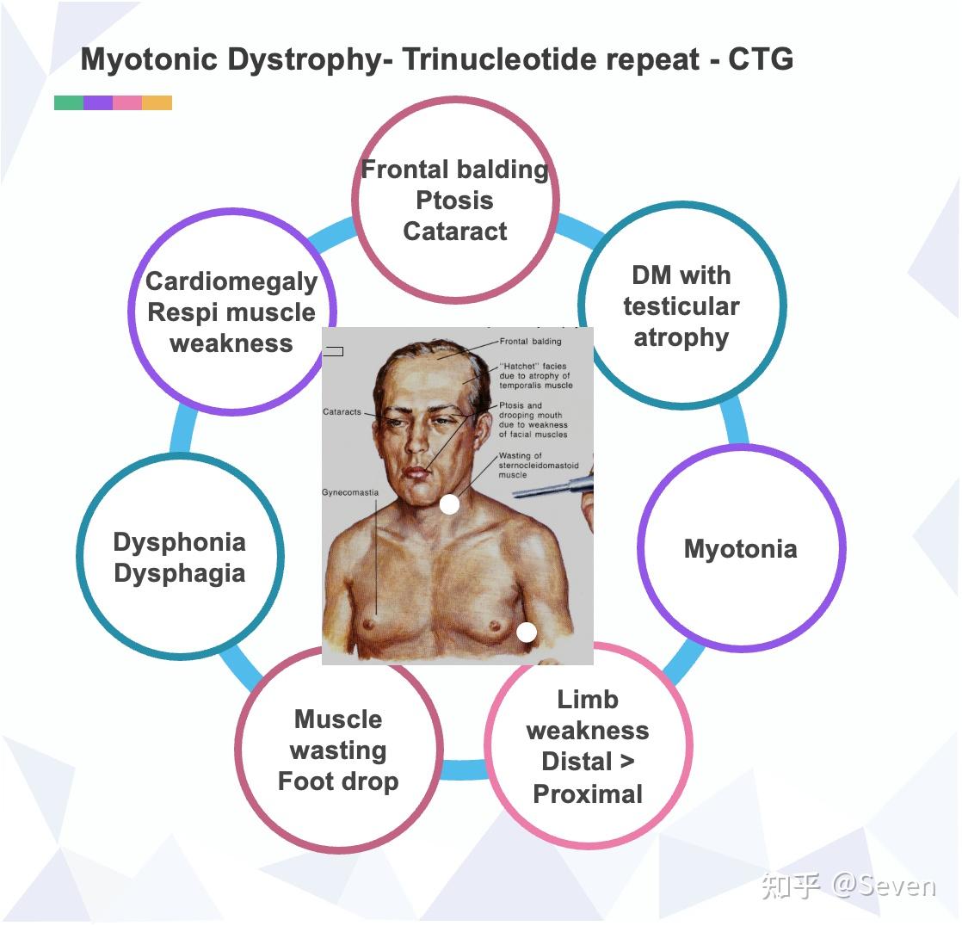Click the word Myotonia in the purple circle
[x=740, y=549]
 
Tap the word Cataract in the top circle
[x=455, y=231]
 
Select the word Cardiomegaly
[x=231, y=281]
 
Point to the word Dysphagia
[x=180, y=573]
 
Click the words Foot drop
[x=338, y=781]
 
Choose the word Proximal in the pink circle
[x=588, y=793]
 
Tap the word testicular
[x=681, y=306]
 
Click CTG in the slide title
[x=761, y=59]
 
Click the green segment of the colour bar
[x=69, y=103]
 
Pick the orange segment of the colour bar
[x=157, y=103]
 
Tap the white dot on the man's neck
[x=449, y=504]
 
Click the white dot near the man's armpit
[x=527, y=633]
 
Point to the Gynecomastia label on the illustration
[x=350, y=493]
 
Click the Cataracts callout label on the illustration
[x=342, y=412]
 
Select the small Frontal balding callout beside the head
[x=530, y=342]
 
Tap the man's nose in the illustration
[x=416, y=443]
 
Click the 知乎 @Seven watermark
[x=848, y=886]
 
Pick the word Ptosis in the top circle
[x=454, y=201]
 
